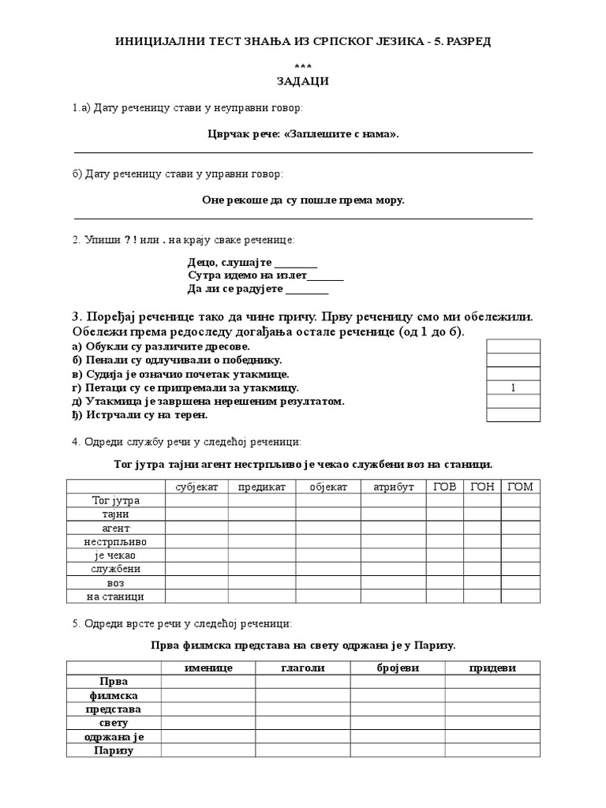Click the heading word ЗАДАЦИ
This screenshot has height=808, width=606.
click(303, 80)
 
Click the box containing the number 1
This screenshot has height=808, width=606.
click(513, 387)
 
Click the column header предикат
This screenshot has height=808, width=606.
click(262, 487)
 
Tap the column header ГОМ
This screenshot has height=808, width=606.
click(521, 487)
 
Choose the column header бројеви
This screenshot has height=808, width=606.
click(398, 668)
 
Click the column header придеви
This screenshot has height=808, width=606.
click(492, 668)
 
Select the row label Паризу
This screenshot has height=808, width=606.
click(114, 750)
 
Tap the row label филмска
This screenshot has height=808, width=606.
click(114, 695)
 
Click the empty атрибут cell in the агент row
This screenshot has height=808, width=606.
click(393, 528)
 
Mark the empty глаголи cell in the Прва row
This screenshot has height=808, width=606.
click(303, 682)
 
